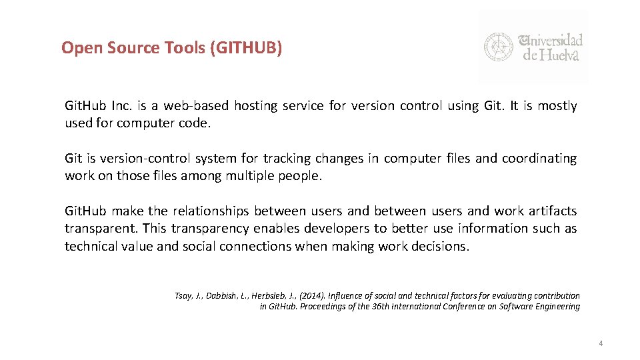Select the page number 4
(601, 343)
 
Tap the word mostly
(557, 105)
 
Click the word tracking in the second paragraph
(287, 158)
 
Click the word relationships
(211, 211)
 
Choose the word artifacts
(553, 211)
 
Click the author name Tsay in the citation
(183, 295)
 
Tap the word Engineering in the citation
(555, 307)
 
